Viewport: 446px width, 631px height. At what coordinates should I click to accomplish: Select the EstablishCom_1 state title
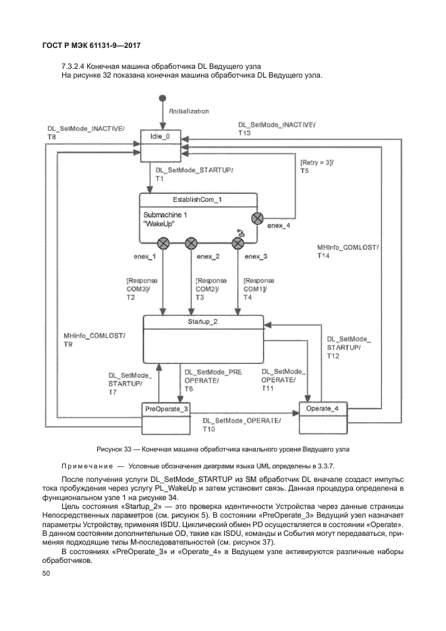tap(198, 200)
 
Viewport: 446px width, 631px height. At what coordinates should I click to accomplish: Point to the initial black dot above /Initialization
tap(161, 99)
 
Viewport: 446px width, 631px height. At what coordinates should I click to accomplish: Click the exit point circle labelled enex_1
tap(163, 243)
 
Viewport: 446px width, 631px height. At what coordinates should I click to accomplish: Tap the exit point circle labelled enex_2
tap(190, 243)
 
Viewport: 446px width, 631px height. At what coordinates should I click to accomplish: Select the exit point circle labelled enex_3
tap(238, 243)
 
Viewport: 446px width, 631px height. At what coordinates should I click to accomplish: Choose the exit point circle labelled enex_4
tap(257, 217)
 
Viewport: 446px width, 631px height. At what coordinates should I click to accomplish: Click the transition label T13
tap(244, 134)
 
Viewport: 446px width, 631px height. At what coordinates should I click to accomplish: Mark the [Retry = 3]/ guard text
tap(316, 163)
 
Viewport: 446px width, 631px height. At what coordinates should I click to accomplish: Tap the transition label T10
tap(208, 429)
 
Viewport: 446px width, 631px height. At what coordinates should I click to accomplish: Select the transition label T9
tap(68, 344)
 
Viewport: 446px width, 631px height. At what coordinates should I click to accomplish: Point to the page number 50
tap(47, 573)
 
